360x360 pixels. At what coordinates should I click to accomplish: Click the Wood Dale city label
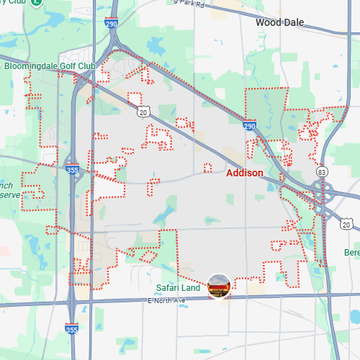click(281, 22)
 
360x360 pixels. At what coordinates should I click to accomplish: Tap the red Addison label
click(244, 174)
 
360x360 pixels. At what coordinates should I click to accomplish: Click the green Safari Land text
click(179, 289)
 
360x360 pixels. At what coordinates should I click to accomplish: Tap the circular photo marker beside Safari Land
click(219, 287)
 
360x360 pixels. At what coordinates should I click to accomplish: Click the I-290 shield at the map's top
click(110, 23)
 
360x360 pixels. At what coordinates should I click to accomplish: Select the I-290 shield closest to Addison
click(249, 125)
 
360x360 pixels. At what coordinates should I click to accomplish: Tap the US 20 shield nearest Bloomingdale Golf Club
click(143, 111)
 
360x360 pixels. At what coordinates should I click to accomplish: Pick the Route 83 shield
click(321, 172)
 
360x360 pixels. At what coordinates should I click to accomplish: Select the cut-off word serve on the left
click(9, 195)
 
